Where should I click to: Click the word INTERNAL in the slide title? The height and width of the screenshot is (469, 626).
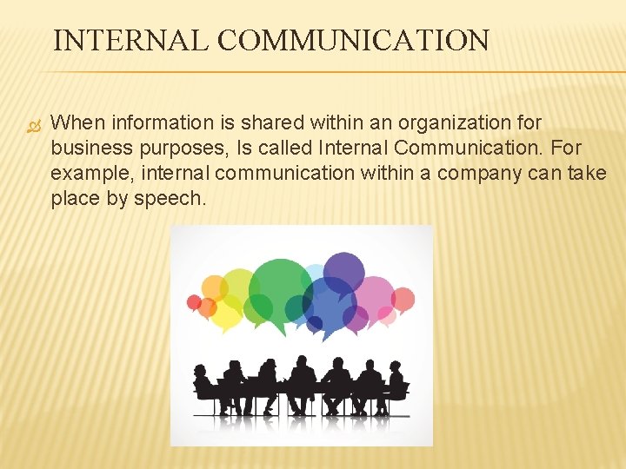130,41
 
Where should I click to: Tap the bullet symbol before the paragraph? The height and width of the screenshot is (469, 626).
35,124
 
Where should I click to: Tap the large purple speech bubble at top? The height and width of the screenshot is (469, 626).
344,273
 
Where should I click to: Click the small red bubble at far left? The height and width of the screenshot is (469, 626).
195,302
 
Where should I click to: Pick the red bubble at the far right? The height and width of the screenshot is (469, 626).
403,300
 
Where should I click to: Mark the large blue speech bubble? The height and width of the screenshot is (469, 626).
329,303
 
